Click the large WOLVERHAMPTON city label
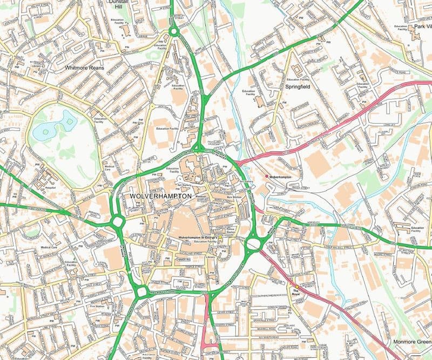(161, 195)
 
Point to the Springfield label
(296, 86)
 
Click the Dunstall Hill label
(118, 4)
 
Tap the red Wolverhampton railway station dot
(266, 176)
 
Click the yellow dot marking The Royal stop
(296, 286)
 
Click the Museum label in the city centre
(201, 197)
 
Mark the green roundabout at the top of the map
(173, 32)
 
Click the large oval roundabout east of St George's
(253, 245)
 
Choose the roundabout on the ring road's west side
(117, 222)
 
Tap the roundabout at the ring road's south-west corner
(141, 292)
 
